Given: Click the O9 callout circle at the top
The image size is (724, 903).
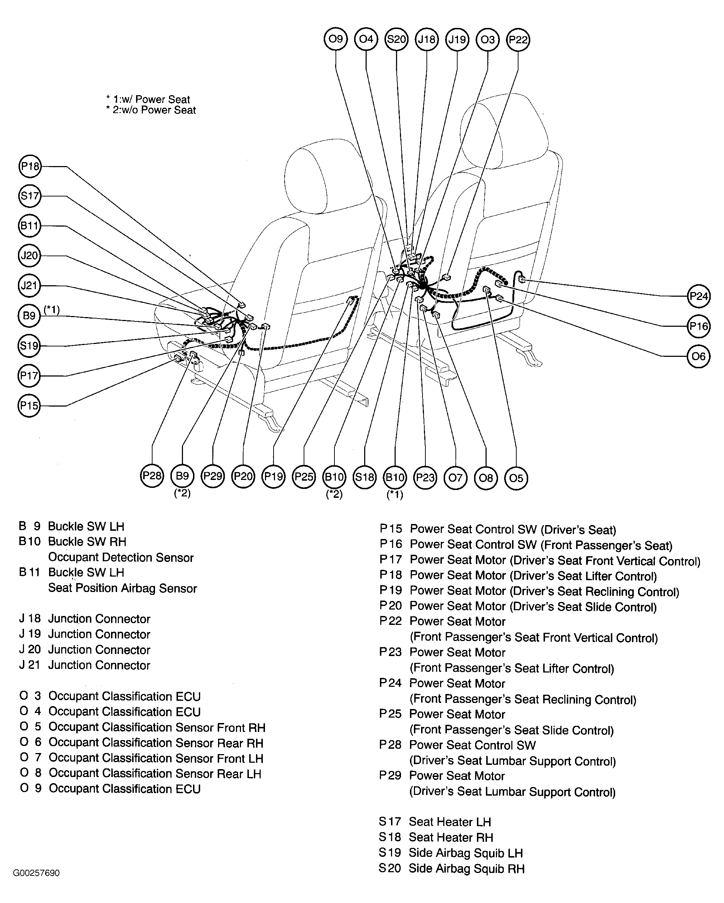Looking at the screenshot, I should pyautogui.click(x=336, y=39).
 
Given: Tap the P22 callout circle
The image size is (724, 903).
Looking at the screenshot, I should pyautogui.click(x=518, y=40).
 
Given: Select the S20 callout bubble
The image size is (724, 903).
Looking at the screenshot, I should pyautogui.click(x=396, y=39).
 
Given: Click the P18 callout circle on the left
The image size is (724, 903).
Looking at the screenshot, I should pyautogui.click(x=30, y=167).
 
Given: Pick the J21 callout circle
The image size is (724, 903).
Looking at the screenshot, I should pyautogui.click(x=29, y=286).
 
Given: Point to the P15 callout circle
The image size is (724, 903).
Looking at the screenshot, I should pyautogui.click(x=29, y=406).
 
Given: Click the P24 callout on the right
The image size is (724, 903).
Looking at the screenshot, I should pyautogui.click(x=699, y=296).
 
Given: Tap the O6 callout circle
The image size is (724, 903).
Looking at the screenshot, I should pyautogui.click(x=699, y=356).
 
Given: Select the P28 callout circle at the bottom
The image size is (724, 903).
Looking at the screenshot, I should pyautogui.click(x=152, y=476).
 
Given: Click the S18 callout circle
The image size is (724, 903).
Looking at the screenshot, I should pyautogui.click(x=365, y=477).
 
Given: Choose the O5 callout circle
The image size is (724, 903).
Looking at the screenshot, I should pyautogui.click(x=516, y=478).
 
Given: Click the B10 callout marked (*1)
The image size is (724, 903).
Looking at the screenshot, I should pyautogui.click(x=395, y=477).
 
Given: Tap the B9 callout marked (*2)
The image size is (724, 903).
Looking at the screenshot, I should pyautogui.click(x=182, y=476).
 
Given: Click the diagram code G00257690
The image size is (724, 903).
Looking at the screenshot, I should pyautogui.click(x=37, y=873).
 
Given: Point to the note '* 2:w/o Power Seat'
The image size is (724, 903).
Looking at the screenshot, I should pyautogui.click(x=151, y=110).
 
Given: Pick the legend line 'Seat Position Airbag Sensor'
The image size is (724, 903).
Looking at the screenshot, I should pyautogui.click(x=122, y=588).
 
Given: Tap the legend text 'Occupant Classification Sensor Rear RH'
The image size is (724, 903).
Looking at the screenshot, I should pyautogui.click(x=155, y=743).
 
